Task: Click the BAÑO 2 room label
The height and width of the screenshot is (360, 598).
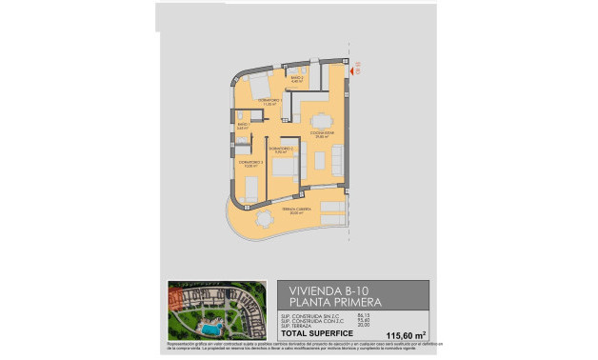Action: click(296, 79)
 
